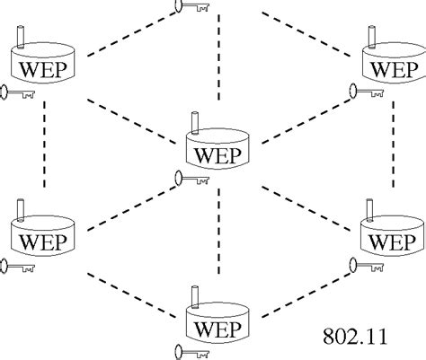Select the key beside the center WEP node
coord(191,180)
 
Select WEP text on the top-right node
coord(394,68)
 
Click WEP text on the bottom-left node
coord(48,241)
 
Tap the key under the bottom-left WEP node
coord(15,266)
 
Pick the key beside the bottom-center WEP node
coord(191,350)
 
